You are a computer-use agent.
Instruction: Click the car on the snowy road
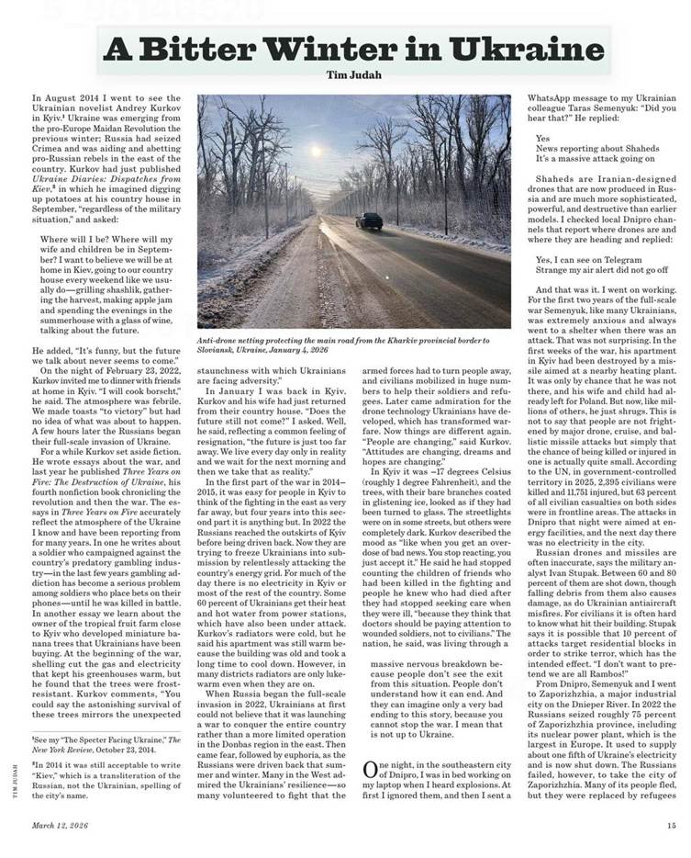click(x=368, y=221)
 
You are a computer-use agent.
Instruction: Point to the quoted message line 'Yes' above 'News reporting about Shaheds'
click(x=543, y=139)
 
